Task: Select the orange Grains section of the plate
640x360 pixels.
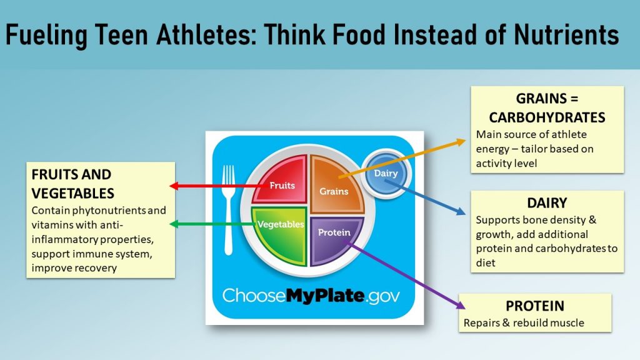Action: [334, 187]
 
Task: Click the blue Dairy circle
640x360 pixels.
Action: [386, 173]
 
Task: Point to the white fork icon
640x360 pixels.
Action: [229, 206]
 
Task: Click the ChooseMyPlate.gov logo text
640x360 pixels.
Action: [311, 295]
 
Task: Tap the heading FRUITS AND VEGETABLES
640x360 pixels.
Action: [72, 183]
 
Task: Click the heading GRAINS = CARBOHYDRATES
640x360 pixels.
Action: [547, 108]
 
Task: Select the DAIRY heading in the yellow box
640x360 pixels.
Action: [547, 203]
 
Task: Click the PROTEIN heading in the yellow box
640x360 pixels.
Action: [534, 306]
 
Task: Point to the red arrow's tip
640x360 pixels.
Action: [171, 186]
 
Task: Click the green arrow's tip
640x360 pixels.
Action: [171, 224]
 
